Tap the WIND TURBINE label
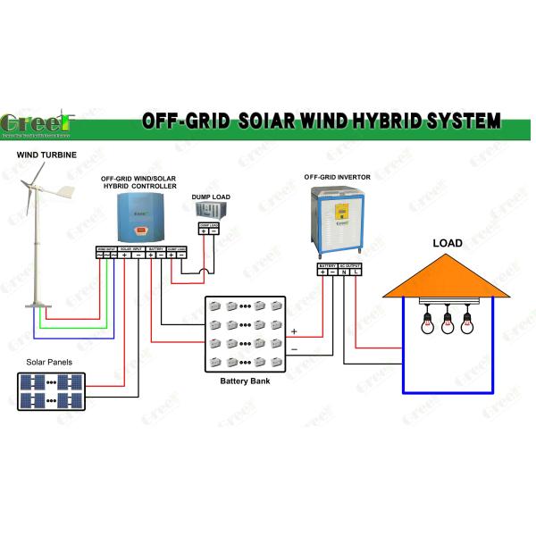click(46, 155)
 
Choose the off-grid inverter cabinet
click(338, 223)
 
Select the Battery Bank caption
click(246, 381)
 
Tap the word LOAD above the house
click(447, 243)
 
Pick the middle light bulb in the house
click(448, 323)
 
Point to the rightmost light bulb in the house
click(465, 323)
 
